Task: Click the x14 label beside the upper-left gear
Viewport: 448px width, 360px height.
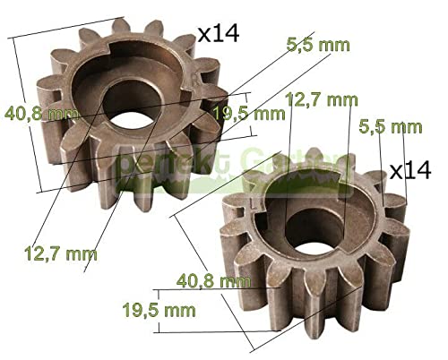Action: pos(218,35)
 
